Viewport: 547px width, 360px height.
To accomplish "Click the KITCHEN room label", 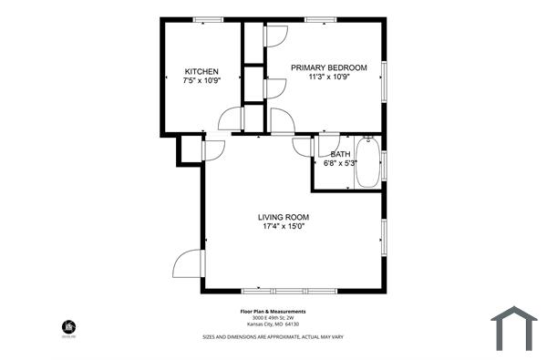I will [201, 71].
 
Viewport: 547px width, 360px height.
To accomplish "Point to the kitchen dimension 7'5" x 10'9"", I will [201, 81].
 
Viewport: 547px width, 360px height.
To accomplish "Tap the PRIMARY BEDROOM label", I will [329, 67].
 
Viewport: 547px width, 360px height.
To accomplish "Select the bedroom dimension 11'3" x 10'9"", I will [329, 77].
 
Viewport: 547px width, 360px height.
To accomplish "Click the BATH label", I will [339, 154].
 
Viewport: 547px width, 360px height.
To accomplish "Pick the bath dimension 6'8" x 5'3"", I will [339, 164].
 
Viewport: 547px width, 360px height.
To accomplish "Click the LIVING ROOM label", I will [284, 217].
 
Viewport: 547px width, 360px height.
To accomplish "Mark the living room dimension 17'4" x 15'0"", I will [284, 227].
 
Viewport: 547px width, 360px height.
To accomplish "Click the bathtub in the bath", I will [367, 162].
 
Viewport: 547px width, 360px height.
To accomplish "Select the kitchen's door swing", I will [232, 119].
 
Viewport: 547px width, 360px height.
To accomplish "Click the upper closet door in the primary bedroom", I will [275, 35].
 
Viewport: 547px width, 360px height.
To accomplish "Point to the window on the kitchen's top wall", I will [209, 19].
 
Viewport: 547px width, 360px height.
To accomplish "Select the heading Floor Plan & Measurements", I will [273, 310].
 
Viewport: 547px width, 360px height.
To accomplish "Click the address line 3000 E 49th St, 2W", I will [273, 317].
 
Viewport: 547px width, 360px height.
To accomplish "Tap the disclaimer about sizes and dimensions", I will [273, 336].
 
